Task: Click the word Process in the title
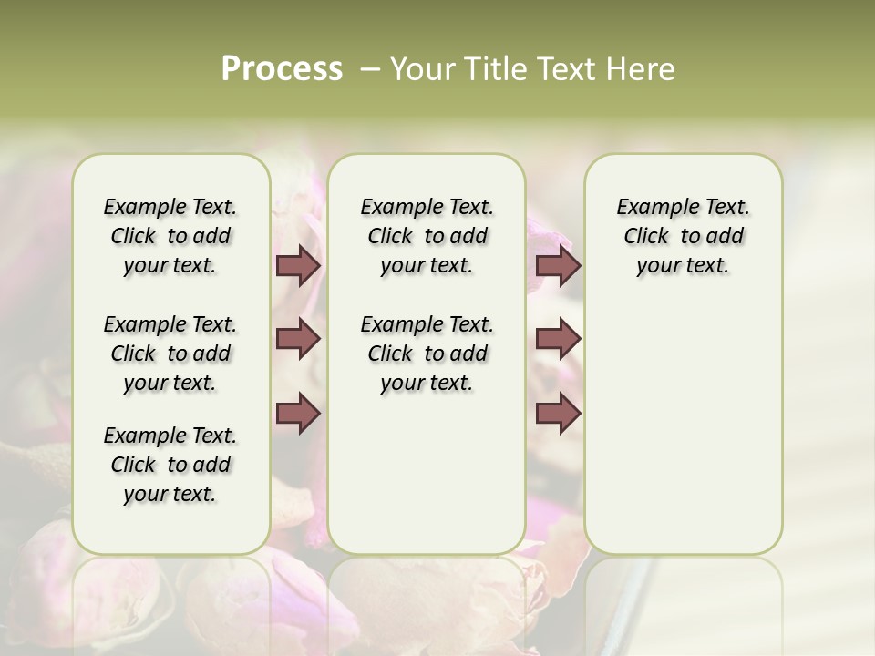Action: (282, 68)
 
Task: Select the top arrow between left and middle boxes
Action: (298, 265)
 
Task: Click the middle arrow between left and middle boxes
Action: (298, 339)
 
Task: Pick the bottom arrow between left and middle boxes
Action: (298, 413)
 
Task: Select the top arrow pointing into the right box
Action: (558, 265)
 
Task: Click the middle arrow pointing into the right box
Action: (558, 339)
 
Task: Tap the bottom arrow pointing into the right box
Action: (558, 413)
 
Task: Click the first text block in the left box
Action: (170, 236)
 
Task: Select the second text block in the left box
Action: (170, 354)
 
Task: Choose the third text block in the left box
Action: (170, 465)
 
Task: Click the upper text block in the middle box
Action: (427, 236)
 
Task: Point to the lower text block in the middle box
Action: (427, 354)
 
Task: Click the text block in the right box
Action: (683, 236)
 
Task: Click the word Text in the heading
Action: (561, 68)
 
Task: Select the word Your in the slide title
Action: (424, 68)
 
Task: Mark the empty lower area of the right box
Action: (683, 419)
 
